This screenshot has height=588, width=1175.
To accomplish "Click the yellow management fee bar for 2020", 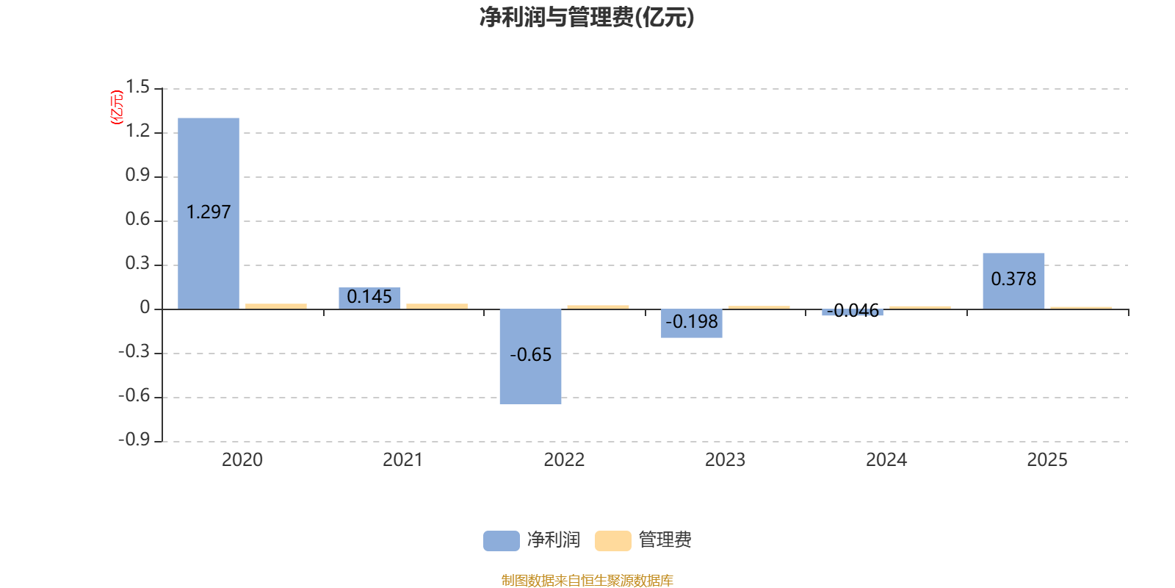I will (276, 306).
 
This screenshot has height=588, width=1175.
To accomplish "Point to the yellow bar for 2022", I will (598, 306).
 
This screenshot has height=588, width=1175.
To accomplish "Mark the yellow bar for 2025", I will (1081, 307).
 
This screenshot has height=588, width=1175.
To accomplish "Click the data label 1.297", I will (209, 212).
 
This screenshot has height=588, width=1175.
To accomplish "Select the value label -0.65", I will (530, 355).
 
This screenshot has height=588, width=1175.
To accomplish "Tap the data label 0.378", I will (1013, 279).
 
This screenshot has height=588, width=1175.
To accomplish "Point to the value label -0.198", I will (691, 322).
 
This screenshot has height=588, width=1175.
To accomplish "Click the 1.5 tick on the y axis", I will (137, 87).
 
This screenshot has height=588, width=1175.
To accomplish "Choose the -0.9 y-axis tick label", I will (134, 440).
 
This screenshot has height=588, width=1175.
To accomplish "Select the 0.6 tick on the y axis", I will (137, 219).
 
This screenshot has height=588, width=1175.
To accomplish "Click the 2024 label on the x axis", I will (886, 460).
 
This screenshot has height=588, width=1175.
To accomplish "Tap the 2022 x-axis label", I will (564, 460).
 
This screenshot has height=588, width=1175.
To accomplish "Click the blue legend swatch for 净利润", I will (501, 540).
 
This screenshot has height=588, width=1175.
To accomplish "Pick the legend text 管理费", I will (665, 540).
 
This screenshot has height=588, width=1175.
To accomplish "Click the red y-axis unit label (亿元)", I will (117, 107).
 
